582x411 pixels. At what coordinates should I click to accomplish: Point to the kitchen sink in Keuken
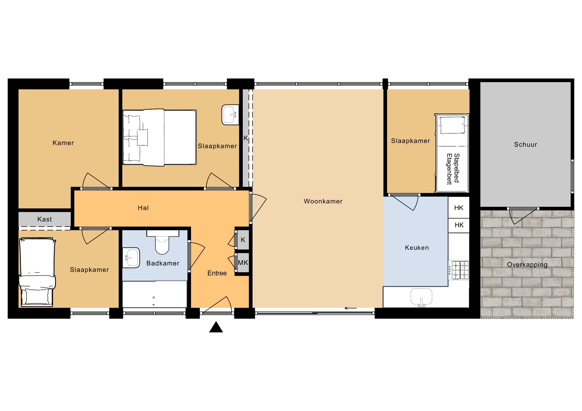[x=421, y=297]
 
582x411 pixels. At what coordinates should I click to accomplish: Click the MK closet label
[x=243, y=263]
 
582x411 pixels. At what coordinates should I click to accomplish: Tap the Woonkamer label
[x=323, y=201]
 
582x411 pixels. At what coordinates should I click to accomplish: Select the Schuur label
[x=525, y=145]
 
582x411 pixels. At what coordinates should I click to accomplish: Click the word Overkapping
[x=527, y=265]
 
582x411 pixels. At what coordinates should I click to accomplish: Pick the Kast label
[x=45, y=219]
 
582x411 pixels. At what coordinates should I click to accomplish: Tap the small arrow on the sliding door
[x=351, y=308]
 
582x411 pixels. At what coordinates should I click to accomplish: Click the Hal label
[x=143, y=208]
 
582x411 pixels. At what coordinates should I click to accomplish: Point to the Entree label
[x=217, y=273]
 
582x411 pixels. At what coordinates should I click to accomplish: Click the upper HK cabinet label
[x=459, y=208]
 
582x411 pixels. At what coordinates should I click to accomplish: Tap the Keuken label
[x=417, y=248]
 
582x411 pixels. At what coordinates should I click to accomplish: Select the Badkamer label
[x=163, y=263]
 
